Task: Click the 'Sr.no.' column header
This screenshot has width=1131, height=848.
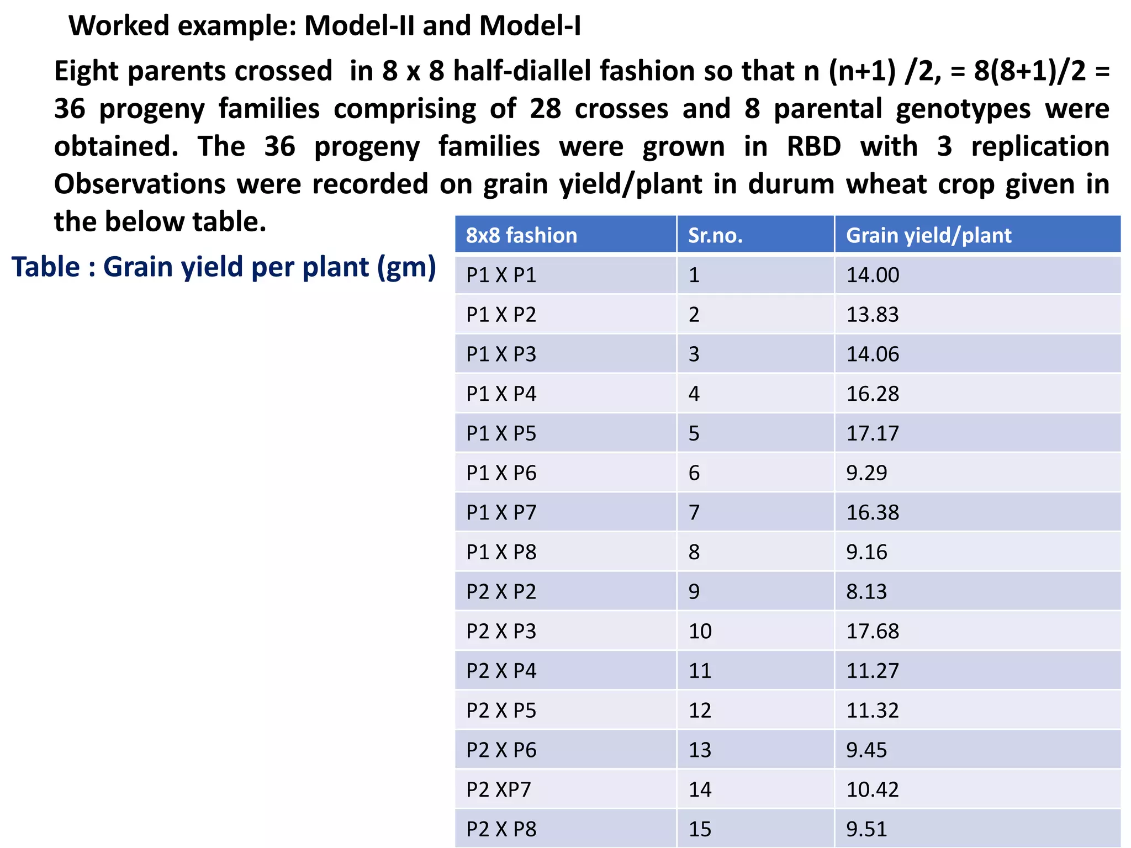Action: tap(715, 236)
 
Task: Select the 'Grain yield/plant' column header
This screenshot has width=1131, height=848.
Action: tap(928, 236)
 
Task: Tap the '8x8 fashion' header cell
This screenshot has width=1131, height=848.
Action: tap(521, 236)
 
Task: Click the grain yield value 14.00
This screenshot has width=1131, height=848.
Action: tap(873, 275)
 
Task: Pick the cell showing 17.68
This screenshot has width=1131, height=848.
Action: tap(873, 631)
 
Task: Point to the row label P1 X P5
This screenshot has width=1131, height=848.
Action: tap(501, 433)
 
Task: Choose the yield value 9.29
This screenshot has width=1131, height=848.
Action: tap(866, 473)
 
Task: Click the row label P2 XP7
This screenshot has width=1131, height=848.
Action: tap(498, 789)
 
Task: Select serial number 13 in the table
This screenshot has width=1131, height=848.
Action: tap(700, 750)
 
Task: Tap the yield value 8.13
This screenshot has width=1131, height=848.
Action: tap(866, 592)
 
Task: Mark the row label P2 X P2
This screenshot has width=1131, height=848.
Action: tap(501, 592)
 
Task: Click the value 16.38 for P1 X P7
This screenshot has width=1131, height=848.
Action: tap(873, 512)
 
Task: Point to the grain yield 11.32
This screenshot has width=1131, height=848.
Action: tap(873, 711)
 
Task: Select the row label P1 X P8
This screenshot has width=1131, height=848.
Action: tap(501, 552)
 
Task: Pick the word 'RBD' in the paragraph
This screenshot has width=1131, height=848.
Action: tap(813, 147)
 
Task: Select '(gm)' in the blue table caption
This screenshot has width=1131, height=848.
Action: tap(407, 268)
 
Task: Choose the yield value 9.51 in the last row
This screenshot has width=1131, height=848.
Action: tap(866, 829)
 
